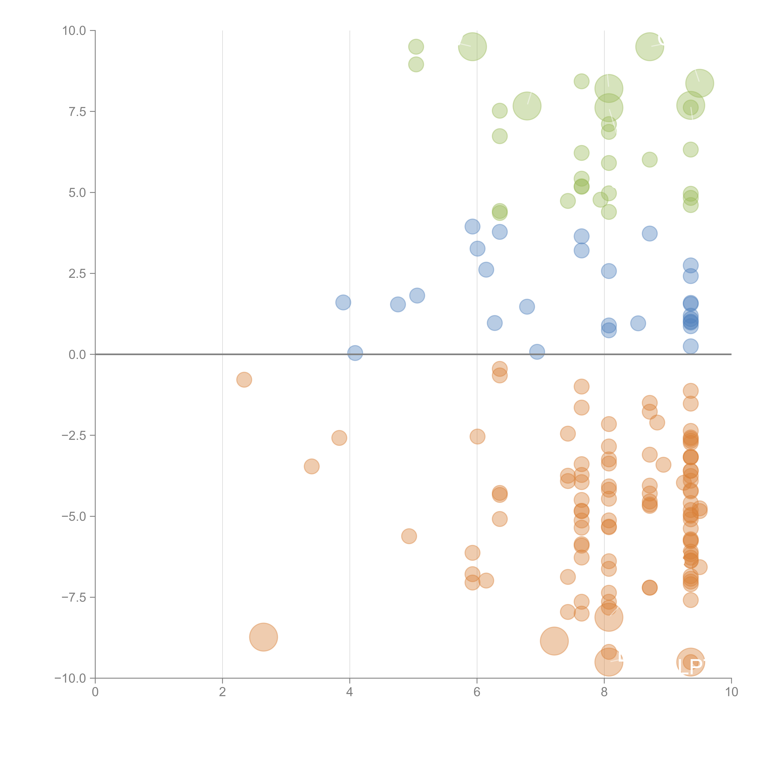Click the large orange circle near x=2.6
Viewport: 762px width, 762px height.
pos(263,637)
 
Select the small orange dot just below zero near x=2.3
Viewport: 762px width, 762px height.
pos(244,380)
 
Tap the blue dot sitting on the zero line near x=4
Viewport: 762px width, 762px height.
pos(355,353)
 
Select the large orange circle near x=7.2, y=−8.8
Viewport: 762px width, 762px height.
pos(554,641)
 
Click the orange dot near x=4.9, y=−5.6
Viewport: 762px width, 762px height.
pos(409,536)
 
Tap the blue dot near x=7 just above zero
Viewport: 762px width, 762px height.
pos(537,352)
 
